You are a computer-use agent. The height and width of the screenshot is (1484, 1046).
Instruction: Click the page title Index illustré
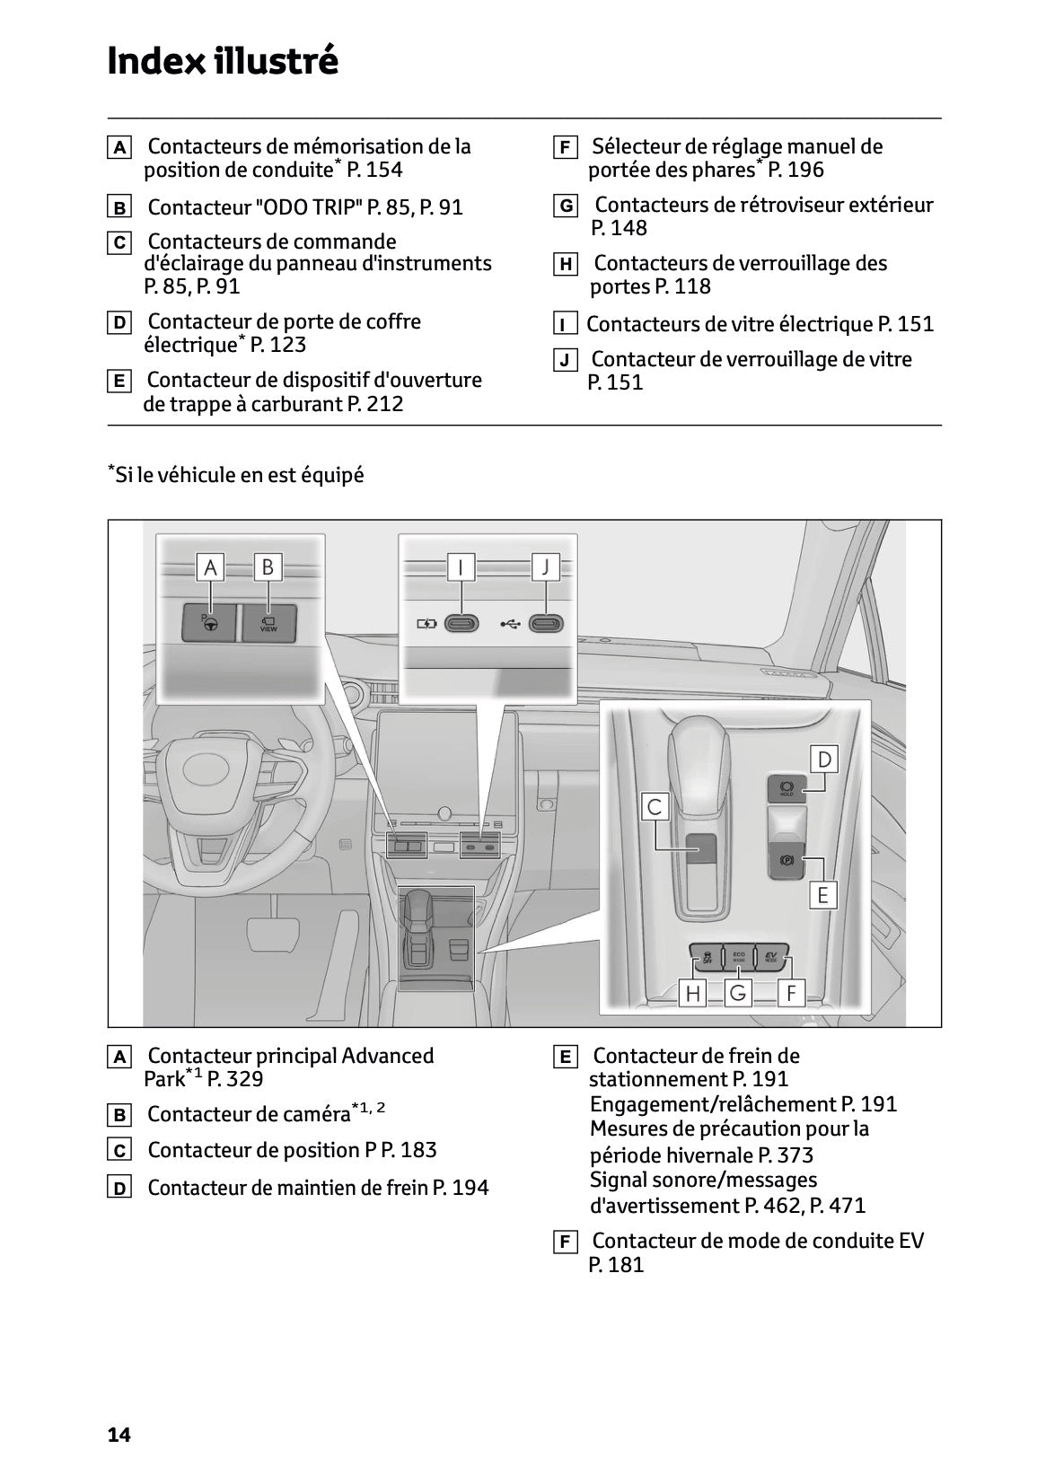(223, 61)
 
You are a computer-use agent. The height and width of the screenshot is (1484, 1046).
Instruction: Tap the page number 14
(119, 1435)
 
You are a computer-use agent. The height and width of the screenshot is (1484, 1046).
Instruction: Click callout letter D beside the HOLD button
(823, 760)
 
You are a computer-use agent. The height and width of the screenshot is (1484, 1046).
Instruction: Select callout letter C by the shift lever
(654, 806)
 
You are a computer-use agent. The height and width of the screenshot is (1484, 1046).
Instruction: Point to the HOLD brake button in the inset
(786, 788)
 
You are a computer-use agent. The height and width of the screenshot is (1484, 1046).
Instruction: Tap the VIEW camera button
(268, 622)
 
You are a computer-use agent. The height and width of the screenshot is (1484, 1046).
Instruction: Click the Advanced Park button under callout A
(209, 622)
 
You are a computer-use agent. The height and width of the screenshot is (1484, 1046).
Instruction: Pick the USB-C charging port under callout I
(461, 623)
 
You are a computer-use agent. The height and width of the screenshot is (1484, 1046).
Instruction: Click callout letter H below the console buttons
(693, 992)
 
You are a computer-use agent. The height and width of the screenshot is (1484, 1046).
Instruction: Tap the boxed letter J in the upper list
(565, 361)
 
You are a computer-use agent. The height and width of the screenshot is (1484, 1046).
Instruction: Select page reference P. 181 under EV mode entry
(616, 1265)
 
